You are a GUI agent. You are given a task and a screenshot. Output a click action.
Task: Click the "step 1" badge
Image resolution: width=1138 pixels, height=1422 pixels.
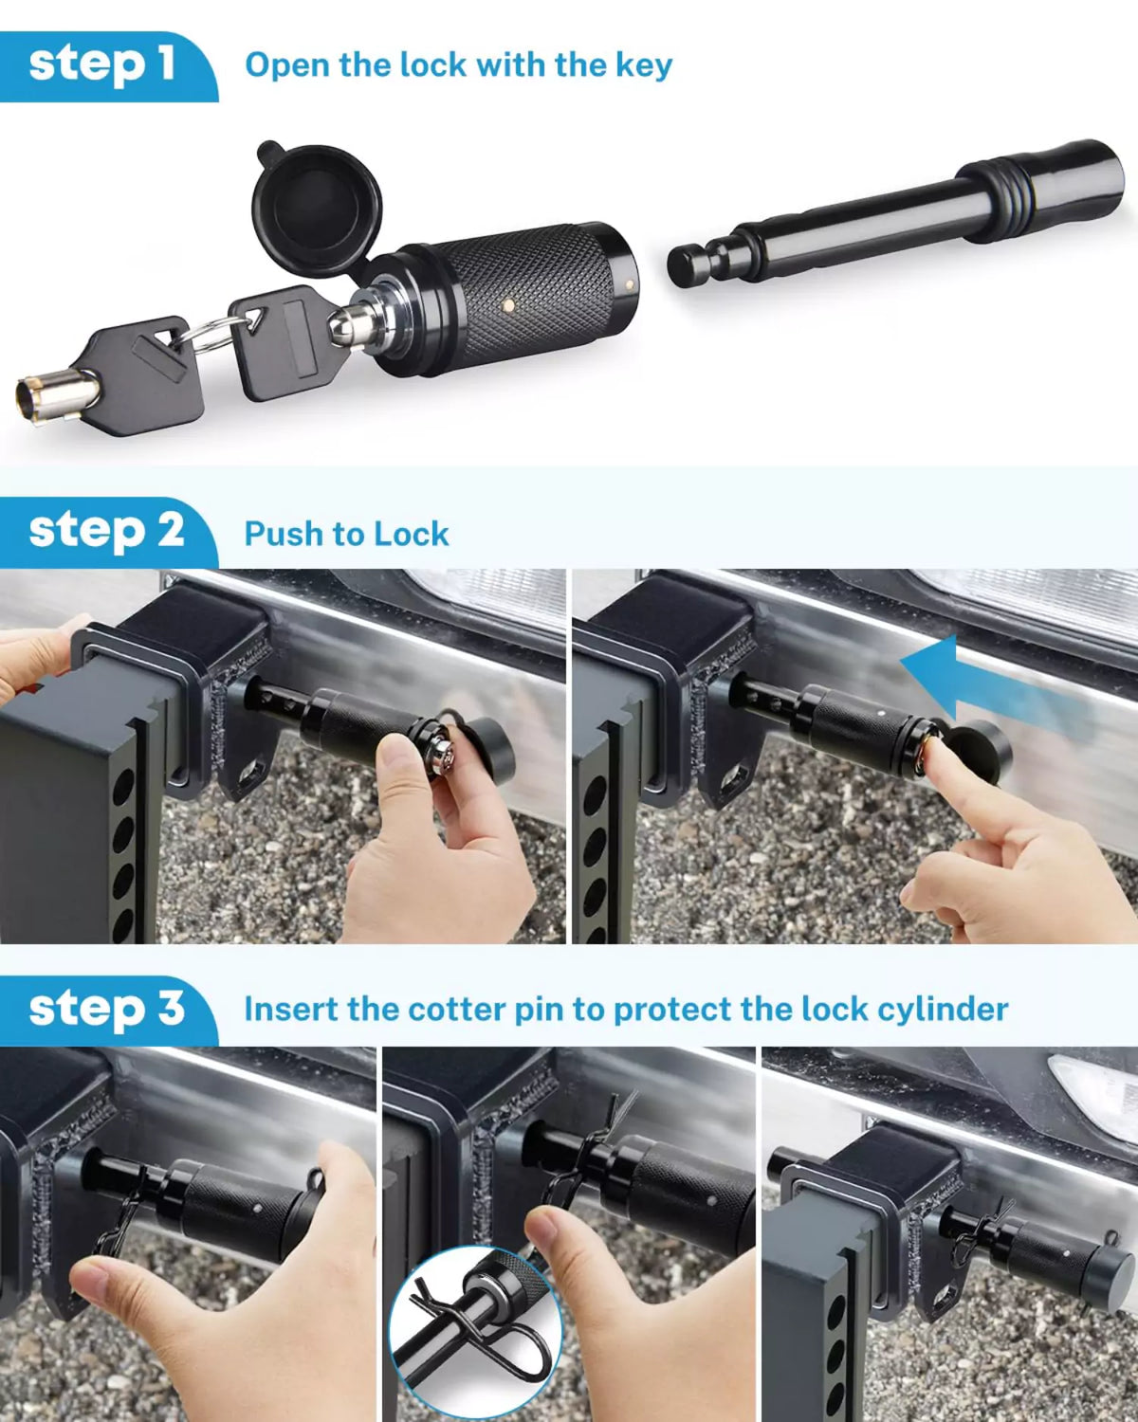(102, 64)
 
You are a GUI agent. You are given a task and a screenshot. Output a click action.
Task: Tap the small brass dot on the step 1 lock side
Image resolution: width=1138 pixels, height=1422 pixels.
(509, 305)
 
